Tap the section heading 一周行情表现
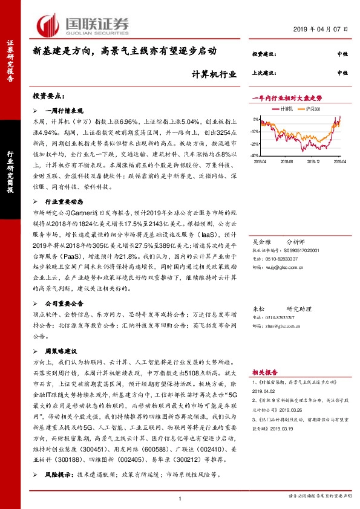(x=67, y=111)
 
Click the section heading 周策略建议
(x=65, y=350)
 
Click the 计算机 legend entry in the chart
(x=286, y=109)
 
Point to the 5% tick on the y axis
(x=257, y=119)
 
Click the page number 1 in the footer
(x=180, y=497)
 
